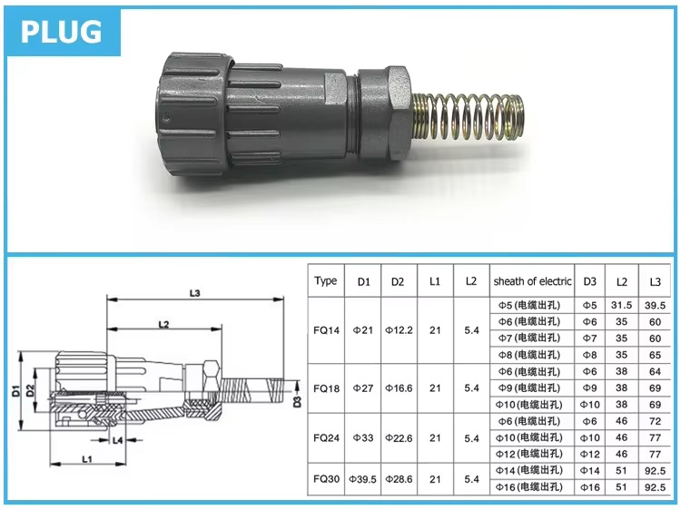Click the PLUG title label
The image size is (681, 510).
[62, 31]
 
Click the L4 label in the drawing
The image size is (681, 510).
[118, 440]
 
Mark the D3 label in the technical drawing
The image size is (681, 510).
[296, 400]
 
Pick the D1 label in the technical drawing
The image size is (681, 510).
[16, 392]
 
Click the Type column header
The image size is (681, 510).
[326, 281]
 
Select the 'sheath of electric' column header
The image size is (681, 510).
[532, 281]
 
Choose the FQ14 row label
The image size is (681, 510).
[326, 330]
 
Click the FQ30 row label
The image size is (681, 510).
[326, 478]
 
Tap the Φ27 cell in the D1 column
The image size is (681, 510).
[363, 387]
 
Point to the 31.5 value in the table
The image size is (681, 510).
[621, 306]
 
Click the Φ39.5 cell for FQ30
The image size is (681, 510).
[363, 478]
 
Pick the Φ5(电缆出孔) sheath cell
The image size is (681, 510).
[532, 306]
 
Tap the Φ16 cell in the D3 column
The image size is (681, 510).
[589, 487]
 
